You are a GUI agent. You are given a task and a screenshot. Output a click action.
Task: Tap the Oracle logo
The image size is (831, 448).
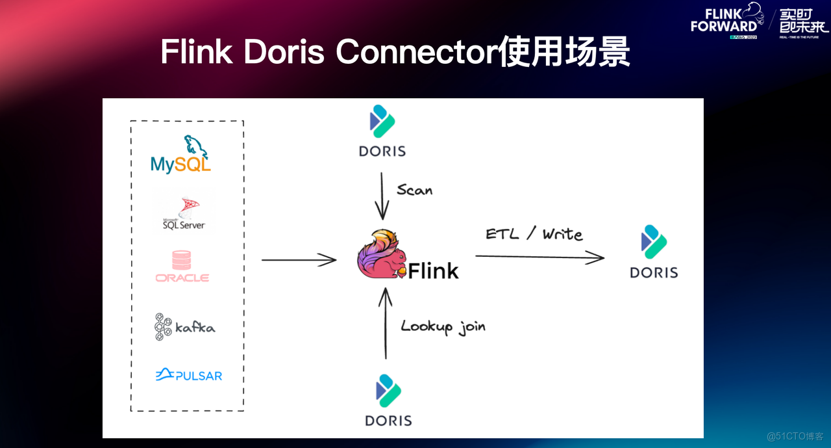coord(182,267)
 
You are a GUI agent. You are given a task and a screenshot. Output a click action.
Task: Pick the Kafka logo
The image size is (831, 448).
coord(184,326)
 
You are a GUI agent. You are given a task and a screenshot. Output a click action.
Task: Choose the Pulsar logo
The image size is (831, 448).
coord(188,375)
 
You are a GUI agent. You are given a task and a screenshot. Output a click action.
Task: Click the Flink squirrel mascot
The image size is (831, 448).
coord(382,255)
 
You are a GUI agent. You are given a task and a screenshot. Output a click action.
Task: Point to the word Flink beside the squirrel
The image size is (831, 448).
coord(433,270)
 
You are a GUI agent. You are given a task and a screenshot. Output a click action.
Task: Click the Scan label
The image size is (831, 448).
coord(414,190)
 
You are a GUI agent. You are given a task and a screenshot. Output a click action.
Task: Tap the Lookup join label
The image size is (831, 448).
coord(443,326)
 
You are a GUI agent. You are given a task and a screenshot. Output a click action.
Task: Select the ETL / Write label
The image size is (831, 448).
coord(534,234)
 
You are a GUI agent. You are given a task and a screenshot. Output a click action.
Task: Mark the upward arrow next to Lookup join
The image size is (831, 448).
coord(386,324)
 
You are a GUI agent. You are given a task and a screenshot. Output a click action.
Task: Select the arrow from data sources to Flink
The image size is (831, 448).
coord(299,260)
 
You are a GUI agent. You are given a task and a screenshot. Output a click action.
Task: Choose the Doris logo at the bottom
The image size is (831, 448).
coord(388,401)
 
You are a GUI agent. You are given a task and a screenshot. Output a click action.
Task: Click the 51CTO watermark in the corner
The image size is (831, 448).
coord(795,436)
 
